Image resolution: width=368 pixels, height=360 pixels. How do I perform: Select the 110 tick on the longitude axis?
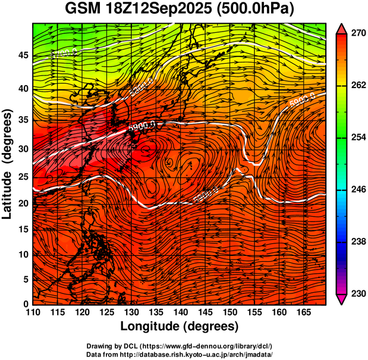[33, 312]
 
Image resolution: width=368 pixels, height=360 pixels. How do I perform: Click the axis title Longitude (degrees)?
[180, 326]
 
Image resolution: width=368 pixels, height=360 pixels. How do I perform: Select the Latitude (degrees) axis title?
[8, 164]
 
